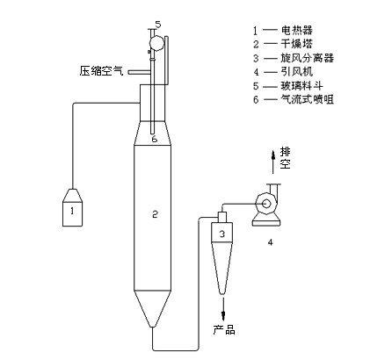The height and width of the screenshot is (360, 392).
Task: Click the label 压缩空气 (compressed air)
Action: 102,70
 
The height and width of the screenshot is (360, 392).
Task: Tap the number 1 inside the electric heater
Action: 72,211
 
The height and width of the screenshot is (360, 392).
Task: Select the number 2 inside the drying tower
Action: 155,214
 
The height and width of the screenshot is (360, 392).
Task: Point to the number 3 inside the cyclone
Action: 222,234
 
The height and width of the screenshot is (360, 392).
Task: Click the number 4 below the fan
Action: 270,242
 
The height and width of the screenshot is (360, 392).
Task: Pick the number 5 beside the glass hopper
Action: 158,25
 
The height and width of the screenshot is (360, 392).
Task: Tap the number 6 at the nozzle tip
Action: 155,139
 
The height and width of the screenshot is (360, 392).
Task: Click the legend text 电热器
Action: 297,30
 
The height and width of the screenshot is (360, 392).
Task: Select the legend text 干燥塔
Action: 297,44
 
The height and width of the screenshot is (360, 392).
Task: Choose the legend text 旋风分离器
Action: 307,58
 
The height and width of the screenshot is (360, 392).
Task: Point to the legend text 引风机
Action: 297,71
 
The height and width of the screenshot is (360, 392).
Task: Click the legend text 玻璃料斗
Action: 301,85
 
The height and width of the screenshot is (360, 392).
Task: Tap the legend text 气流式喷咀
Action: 307,99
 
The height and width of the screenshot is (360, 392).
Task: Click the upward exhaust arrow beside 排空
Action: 273,162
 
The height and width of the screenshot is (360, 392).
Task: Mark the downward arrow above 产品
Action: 223,308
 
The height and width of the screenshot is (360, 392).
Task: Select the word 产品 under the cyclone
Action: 224,330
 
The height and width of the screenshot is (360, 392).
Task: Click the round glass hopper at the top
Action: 156,43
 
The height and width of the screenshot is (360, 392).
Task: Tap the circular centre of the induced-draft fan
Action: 266,204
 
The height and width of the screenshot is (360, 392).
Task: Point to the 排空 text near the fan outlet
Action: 285,158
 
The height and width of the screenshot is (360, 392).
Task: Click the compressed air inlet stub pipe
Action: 140,71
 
